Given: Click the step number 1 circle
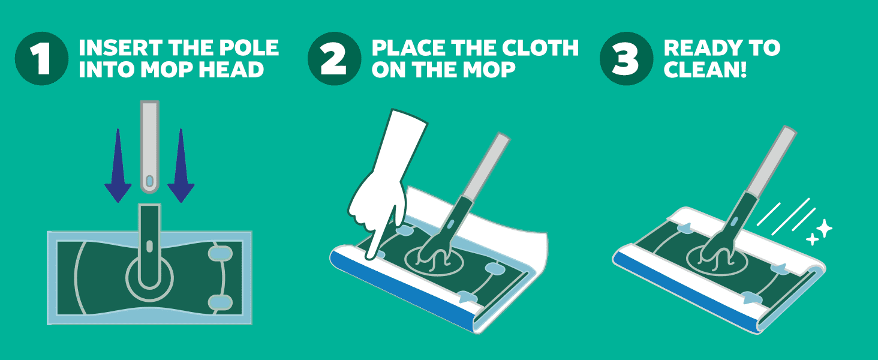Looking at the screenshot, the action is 41,58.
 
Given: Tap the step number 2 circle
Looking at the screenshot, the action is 334,58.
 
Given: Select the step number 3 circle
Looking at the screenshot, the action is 626,58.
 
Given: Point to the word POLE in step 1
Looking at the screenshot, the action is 249,48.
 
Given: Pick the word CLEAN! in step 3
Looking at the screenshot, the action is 705,70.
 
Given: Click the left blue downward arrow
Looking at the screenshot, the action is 118,166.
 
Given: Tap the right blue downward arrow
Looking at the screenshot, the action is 181,166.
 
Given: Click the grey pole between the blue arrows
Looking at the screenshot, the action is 149,147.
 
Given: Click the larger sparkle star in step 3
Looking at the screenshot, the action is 824,228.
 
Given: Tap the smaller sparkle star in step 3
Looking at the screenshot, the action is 812,239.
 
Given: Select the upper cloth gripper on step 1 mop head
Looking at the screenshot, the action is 220,254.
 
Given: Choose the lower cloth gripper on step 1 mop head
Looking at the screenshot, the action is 220,303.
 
